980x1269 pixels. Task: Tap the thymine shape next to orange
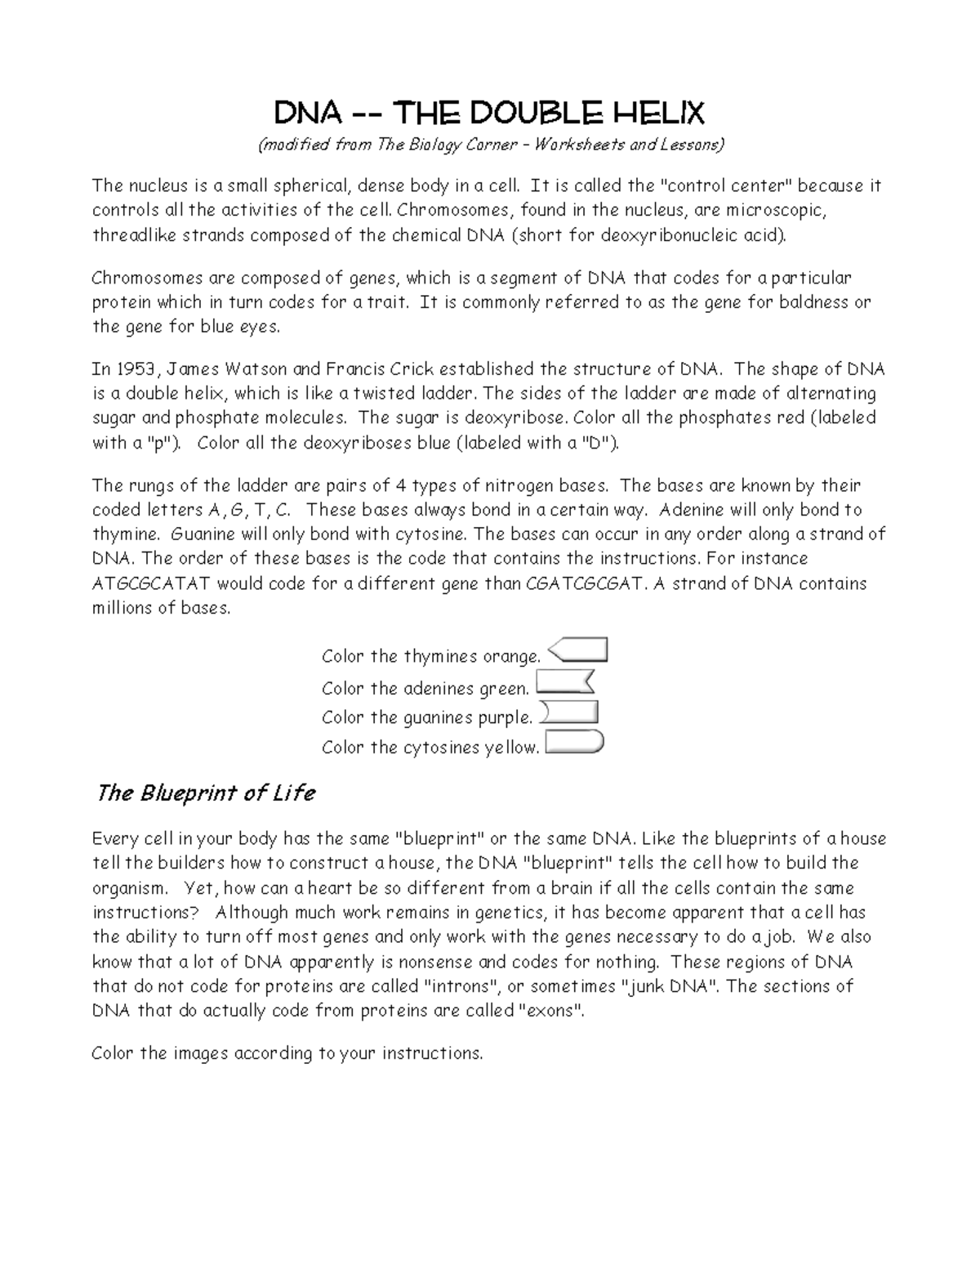(x=577, y=650)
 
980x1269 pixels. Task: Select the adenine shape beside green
(x=563, y=682)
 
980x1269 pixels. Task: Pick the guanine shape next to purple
(x=569, y=713)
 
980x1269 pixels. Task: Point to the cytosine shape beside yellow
(x=573, y=743)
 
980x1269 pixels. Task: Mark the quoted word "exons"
(x=552, y=1012)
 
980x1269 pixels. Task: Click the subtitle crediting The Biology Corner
(x=490, y=145)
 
